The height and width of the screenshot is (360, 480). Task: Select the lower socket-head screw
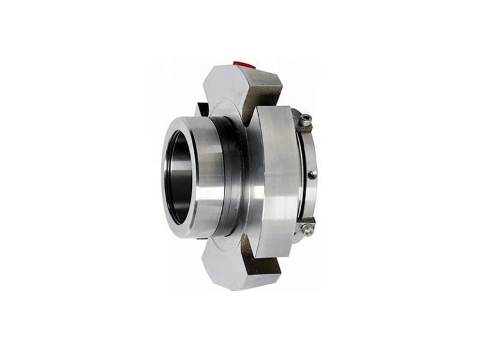point(306,229)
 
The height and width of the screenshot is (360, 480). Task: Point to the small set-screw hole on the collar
point(310,174)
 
